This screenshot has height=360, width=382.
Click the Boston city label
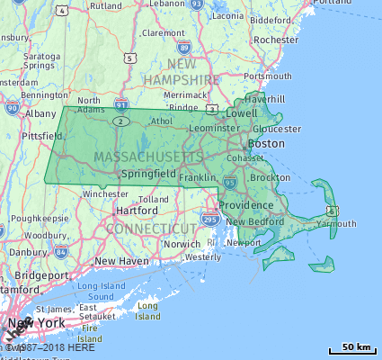[x=265, y=143]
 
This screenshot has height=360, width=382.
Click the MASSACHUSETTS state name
[x=148, y=157]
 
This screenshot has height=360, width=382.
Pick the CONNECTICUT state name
[x=149, y=229]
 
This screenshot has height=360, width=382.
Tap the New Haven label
[x=121, y=260]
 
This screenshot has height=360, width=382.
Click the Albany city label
[x=40, y=114]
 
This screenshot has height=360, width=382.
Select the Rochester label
[x=276, y=40]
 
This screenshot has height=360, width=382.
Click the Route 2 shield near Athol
[x=122, y=121]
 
